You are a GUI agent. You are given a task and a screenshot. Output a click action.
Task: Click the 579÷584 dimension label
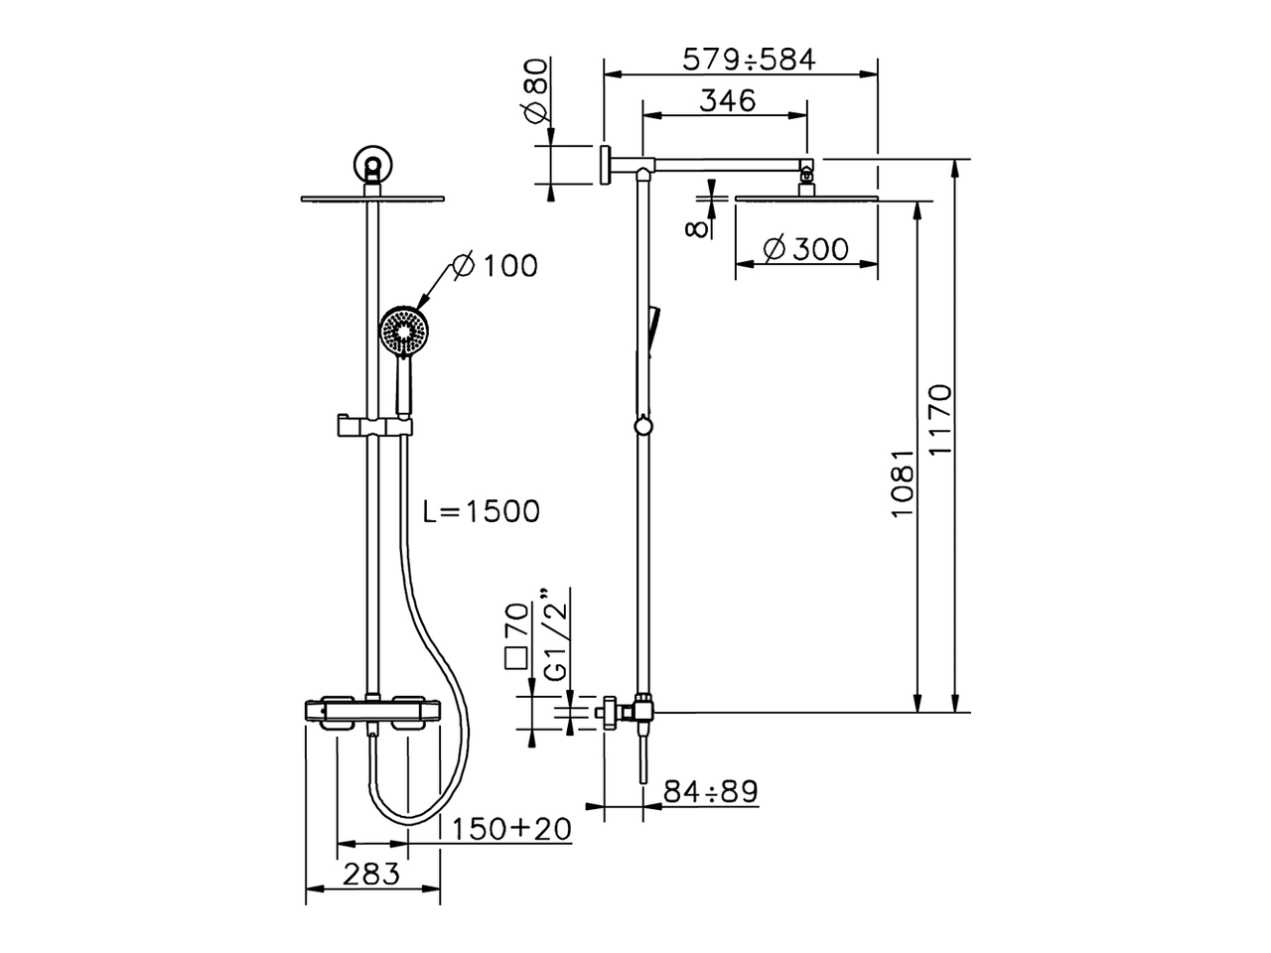[x=748, y=60]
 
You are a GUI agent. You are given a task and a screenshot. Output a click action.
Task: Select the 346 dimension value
[x=727, y=100]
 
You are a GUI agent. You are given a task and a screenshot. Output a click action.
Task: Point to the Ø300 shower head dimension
[x=806, y=248]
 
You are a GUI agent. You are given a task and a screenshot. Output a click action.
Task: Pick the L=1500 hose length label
[x=481, y=511]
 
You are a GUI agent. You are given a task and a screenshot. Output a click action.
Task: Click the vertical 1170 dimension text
[x=938, y=420]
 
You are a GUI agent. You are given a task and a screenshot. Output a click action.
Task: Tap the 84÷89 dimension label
[x=710, y=791]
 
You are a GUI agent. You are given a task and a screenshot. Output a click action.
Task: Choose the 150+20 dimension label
[x=511, y=829]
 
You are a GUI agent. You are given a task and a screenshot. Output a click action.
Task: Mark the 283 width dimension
[x=370, y=874]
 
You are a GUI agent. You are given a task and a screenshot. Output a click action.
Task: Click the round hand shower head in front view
[x=403, y=331]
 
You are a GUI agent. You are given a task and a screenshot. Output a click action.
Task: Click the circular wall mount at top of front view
[x=372, y=164]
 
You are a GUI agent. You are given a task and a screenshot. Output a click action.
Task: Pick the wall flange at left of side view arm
[x=604, y=163]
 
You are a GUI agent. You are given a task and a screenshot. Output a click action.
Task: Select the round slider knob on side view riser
[x=644, y=427]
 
